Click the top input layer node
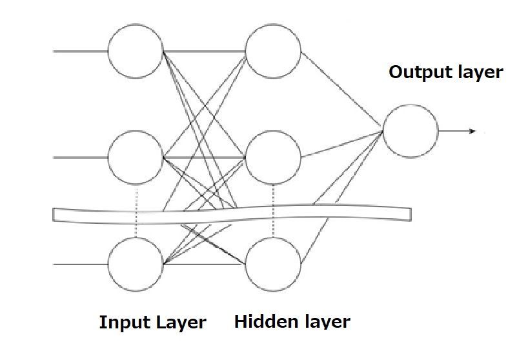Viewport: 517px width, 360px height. click(136, 50)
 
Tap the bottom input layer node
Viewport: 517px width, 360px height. click(136, 264)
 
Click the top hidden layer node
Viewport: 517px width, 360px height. click(274, 50)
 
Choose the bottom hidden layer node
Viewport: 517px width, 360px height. click(274, 264)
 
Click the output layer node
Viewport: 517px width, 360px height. click(411, 131)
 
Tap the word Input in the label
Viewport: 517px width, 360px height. click(124, 323)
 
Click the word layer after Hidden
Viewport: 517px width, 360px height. click(321, 321)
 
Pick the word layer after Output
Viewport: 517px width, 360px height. click(478, 73)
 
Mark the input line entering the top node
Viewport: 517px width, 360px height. click(80, 50)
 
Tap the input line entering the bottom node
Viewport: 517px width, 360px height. click(80, 264)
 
